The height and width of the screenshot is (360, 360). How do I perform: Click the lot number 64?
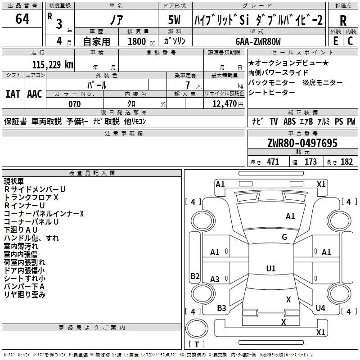(22, 18)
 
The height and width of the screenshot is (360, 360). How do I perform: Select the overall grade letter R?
(343, 21)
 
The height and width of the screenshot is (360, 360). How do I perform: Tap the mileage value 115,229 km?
(53, 65)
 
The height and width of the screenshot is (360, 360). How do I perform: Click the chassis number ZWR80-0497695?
(302, 143)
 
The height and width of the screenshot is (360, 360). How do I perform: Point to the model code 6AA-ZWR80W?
(258, 41)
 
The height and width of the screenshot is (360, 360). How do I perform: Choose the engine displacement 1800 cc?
(141, 41)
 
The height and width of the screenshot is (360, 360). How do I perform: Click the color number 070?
(74, 104)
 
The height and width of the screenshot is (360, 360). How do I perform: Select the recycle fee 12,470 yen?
(228, 104)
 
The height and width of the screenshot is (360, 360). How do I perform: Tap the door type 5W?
(174, 20)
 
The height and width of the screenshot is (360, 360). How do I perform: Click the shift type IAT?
(13, 94)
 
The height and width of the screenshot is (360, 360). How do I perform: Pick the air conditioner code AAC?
(35, 94)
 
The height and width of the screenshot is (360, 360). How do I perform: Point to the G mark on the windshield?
(284, 237)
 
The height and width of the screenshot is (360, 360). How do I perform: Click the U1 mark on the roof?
(271, 268)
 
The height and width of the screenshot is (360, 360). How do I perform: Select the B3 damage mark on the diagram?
(221, 308)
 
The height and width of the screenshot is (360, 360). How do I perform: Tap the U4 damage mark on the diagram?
(320, 308)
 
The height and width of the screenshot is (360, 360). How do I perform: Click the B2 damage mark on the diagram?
(195, 276)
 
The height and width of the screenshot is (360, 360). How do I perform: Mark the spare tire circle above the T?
(197, 328)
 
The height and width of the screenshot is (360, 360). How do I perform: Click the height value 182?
(346, 162)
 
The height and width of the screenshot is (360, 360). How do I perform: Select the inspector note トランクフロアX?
(31, 198)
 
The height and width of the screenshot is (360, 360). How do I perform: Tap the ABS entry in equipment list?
(289, 121)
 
